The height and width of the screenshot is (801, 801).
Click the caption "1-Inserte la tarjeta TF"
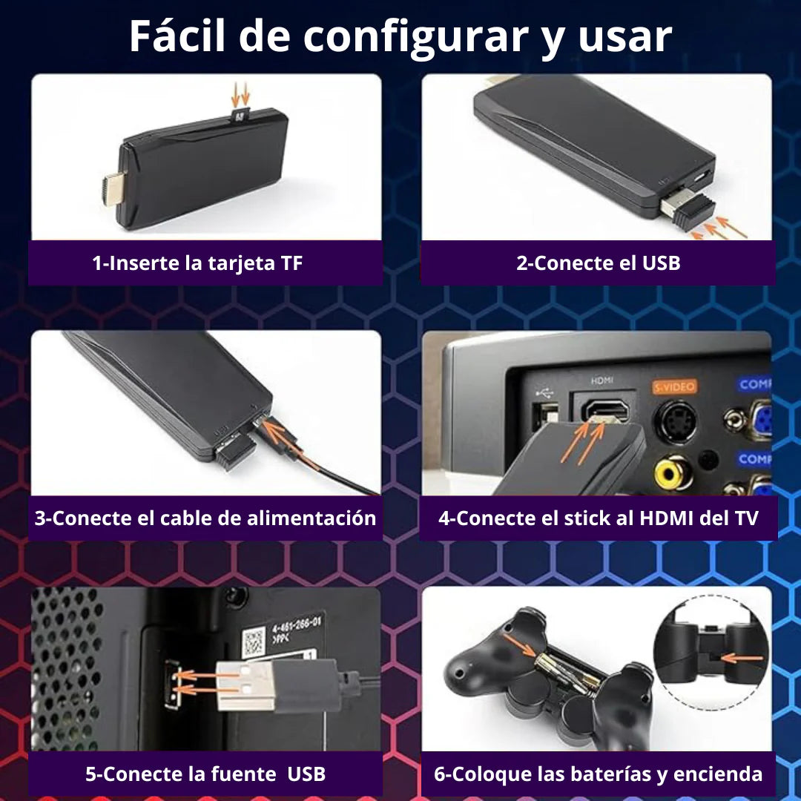coord(197,263)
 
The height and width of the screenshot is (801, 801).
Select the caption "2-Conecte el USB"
coord(599,263)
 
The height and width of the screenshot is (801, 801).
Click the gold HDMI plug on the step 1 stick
coord(113,190)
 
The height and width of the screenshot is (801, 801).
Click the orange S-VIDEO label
coord(675,386)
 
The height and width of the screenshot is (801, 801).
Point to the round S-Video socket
coord(676,421)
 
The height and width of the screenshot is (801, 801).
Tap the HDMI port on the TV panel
coord(606,410)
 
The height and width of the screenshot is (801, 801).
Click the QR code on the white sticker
coord(254,642)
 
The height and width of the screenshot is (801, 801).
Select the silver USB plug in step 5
coord(245,686)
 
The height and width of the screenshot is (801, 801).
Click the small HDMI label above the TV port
coord(601,380)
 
